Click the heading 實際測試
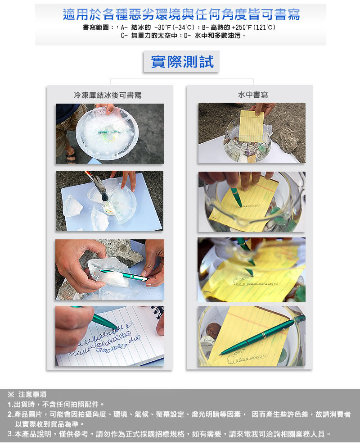tap(182, 62)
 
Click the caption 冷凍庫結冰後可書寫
tap(108, 95)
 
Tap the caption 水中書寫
tap(253, 95)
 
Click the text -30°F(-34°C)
tap(174, 27)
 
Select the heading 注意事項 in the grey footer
tap(32, 395)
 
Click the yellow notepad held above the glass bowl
tap(252, 126)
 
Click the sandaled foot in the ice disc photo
tap(70, 155)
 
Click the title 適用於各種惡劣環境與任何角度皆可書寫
tap(181, 14)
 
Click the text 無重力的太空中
tap(154, 36)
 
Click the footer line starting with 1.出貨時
tap(56, 405)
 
